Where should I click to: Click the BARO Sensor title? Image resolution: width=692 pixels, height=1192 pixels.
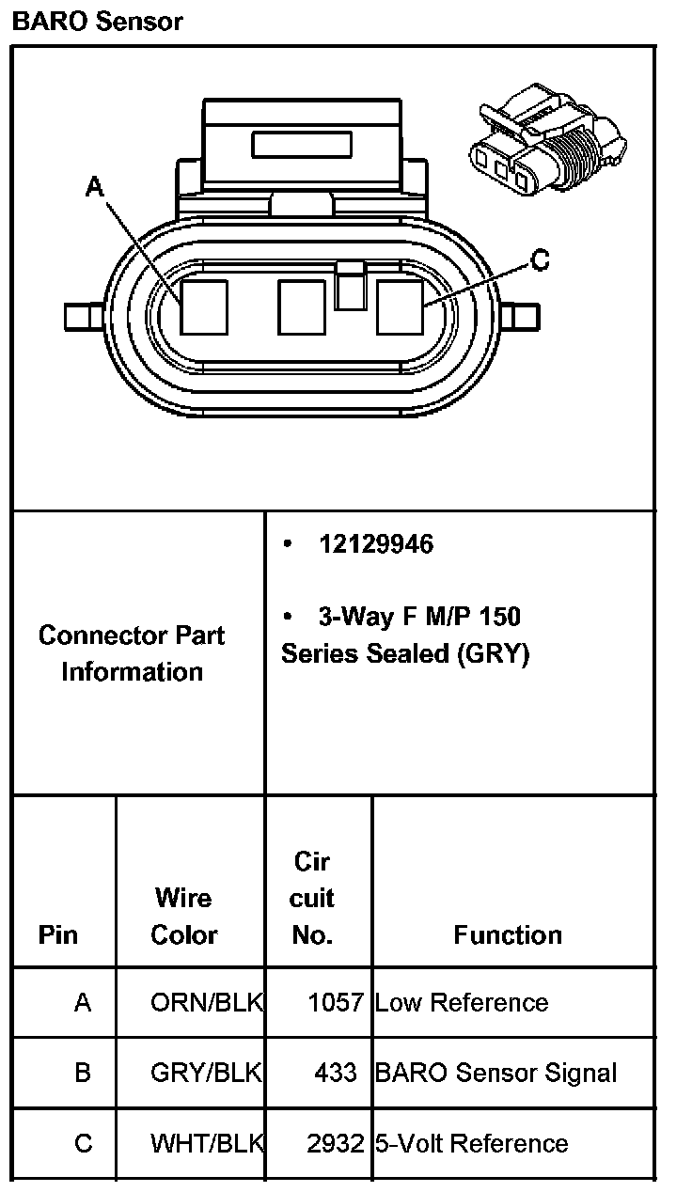coord(97,21)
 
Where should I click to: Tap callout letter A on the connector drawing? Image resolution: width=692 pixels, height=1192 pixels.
coord(94,187)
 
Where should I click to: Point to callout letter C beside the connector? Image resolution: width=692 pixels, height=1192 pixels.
coord(540,260)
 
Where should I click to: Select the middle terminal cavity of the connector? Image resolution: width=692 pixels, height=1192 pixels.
coord(302,307)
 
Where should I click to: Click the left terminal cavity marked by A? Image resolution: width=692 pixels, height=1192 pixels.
coord(204,307)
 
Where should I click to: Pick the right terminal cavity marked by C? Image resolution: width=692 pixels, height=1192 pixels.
coord(400,307)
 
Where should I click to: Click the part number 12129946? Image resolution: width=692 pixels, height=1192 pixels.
coord(375,545)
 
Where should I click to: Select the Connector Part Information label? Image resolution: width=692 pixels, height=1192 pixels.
coord(132,653)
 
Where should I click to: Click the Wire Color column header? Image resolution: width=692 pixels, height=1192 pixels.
coord(183,917)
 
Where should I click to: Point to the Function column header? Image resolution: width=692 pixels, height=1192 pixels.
coord(508,934)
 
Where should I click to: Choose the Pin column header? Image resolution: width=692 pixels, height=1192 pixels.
coord(58,934)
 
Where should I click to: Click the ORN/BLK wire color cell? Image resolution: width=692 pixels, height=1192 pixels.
coord(206,1002)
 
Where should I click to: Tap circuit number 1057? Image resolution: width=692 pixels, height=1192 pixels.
coord(336,1002)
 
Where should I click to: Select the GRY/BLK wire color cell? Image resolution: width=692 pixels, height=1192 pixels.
coord(206,1073)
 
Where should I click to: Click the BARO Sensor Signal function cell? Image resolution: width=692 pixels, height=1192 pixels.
coord(495,1073)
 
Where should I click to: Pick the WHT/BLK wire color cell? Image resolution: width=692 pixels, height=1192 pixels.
coord(206,1143)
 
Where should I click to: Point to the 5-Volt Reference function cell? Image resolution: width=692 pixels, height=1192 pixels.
coord(471,1143)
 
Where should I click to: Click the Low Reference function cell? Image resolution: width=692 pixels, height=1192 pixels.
coord(461,1002)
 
